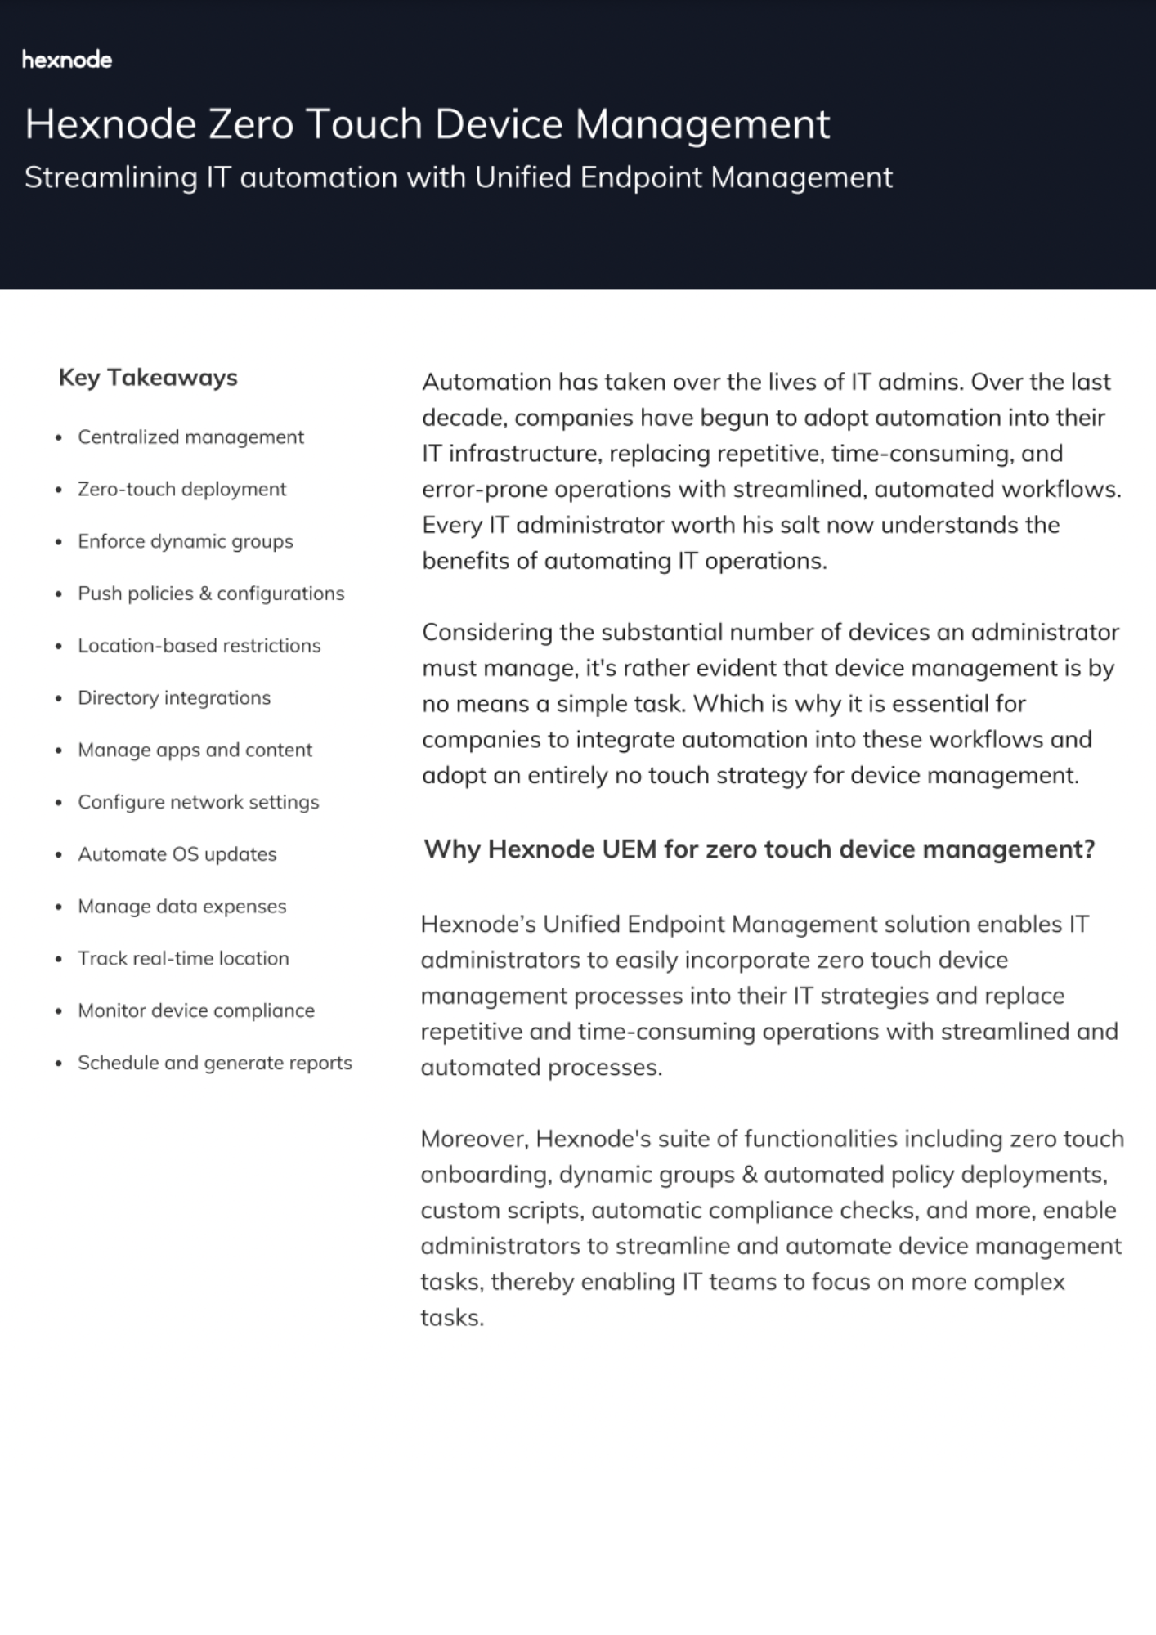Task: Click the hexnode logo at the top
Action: point(67,60)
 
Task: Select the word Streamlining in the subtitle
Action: point(110,177)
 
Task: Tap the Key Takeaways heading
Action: point(148,378)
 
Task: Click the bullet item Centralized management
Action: point(190,437)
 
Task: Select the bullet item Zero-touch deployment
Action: point(181,490)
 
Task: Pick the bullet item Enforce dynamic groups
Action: point(185,541)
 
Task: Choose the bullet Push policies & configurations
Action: point(211,594)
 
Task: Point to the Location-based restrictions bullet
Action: point(199,646)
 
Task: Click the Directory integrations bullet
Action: point(173,698)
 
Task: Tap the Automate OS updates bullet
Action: point(177,854)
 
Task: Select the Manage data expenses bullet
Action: point(181,907)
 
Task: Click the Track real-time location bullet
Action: point(183,959)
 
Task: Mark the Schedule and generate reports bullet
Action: point(214,1063)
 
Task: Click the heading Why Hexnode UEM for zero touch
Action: point(759,849)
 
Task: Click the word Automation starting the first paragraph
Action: point(486,383)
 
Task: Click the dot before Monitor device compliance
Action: point(59,1012)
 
